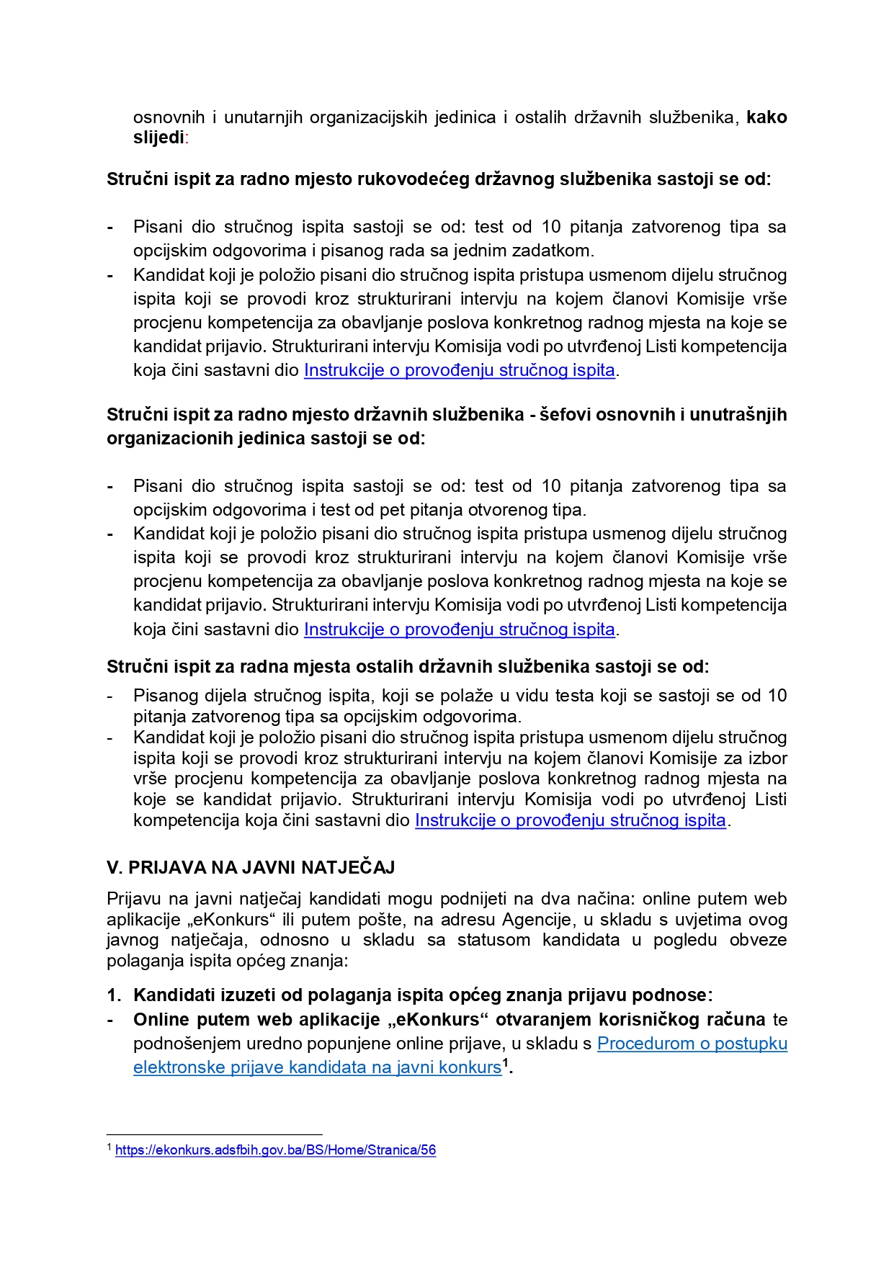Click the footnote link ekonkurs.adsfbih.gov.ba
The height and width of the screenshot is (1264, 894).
(275, 1150)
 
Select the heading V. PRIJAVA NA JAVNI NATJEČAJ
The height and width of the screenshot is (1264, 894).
(251, 867)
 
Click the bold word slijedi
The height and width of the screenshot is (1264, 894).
(158, 138)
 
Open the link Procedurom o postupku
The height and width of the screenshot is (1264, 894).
(692, 1044)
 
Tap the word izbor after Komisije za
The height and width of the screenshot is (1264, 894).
(768, 758)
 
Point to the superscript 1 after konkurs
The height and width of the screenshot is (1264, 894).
(506, 1062)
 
